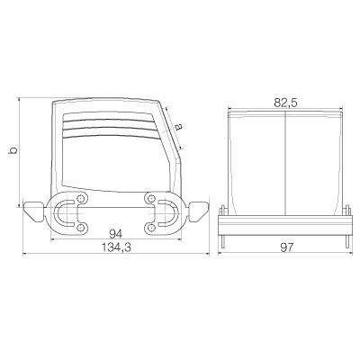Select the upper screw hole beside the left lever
82,200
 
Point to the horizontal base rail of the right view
283,216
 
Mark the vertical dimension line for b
22,153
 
